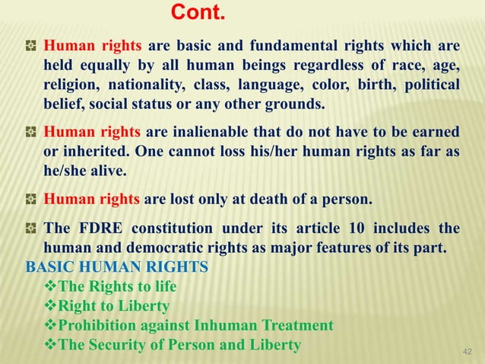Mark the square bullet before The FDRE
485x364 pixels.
pyautogui.click(x=31, y=228)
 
